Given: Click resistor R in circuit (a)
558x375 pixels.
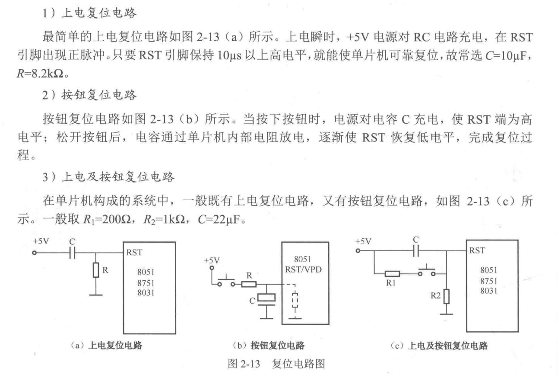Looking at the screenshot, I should pos(96,271).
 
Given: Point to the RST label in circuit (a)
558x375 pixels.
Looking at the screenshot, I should pos(134,253).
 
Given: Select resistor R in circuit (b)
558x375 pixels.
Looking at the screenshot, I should pos(249,284).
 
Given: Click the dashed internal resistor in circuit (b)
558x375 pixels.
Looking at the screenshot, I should pos(295,300).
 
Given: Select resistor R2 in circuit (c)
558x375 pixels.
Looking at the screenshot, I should pos(446,296).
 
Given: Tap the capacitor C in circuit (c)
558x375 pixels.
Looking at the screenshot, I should pos(415,250).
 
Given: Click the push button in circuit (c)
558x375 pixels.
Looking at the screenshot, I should pos(426,271).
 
